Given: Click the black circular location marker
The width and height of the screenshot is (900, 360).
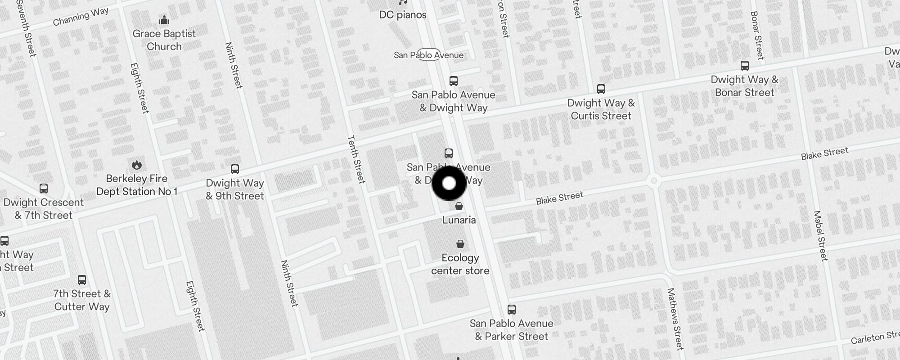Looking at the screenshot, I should tap(449, 183).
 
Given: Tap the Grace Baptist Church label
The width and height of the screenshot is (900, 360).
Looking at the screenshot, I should tap(164, 40).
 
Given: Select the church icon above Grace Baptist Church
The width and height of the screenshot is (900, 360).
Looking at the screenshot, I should tap(164, 20).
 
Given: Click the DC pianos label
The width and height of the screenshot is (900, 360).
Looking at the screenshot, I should tap(403, 15).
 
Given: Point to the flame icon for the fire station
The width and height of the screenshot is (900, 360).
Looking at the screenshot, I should tap(137, 165).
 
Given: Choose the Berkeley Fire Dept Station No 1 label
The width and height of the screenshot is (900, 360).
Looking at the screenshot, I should tap(137, 185).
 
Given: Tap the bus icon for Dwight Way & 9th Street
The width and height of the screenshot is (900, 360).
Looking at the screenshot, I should tap(235, 169).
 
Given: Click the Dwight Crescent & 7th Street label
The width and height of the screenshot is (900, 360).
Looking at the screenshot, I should tap(44, 209).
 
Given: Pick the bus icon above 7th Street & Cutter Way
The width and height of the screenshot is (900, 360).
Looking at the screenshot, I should tap(82, 280).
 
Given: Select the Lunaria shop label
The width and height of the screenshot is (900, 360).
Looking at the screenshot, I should tap(459, 220).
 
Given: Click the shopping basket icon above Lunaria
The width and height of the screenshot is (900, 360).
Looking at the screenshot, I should tap(459, 207).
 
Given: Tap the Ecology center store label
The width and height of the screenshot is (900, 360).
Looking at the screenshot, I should tap(460, 264).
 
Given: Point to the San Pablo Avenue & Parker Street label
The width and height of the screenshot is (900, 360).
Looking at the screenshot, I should tap(512, 330).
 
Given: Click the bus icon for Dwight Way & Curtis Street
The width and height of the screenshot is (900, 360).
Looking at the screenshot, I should tap(601, 89).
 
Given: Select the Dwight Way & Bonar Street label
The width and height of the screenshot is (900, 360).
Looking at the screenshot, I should tap(745, 86).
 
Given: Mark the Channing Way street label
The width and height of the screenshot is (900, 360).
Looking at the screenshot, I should tap(81, 17).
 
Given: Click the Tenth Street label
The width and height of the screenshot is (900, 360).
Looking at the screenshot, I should tap(356, 159).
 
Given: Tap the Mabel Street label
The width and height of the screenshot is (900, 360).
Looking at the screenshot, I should tap(820, 236).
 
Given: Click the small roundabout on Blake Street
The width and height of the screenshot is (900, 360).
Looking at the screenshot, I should tap(654, 181).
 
